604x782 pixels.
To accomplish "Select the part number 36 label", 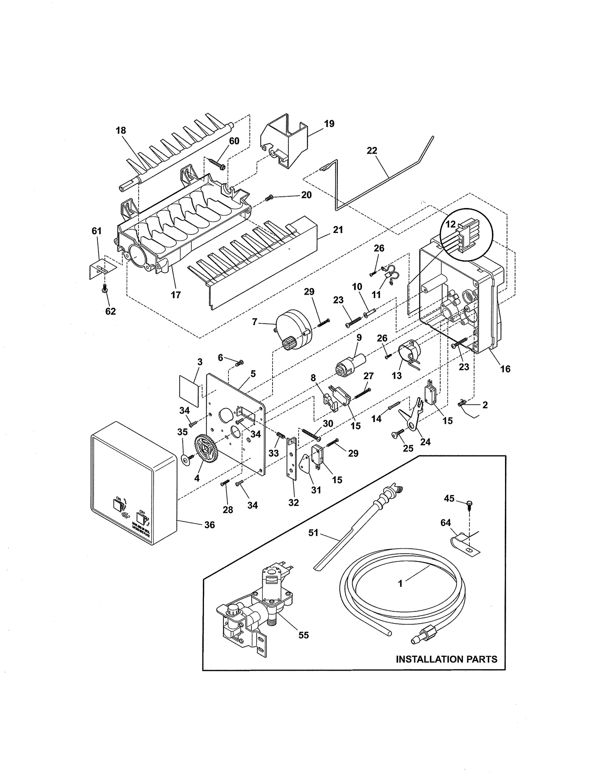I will click(x=209, y=525).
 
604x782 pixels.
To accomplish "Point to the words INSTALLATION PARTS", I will click(x=446, y=659).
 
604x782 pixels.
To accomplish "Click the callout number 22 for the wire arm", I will click(x=371, y=150).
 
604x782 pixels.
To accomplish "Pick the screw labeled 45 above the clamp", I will click(x=470, y=505).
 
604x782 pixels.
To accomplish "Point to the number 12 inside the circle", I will click(x=450, y=225).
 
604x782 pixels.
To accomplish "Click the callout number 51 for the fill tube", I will click(x=313, y=533).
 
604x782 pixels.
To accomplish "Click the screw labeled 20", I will click(x=270, y=198).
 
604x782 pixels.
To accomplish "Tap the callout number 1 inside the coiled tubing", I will click(x=400, y=583).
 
